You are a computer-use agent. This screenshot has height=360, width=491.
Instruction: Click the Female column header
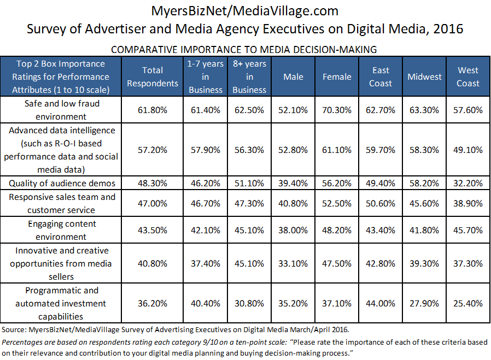[x=337, y=77]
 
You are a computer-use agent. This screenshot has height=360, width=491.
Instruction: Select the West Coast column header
[x=467, y=77]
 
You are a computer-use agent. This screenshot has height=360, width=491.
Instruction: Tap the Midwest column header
[x=424, y=77]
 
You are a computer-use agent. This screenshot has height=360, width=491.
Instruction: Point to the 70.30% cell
[x=337, y=110]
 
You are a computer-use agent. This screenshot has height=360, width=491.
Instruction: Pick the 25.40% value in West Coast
[x=467, y=303]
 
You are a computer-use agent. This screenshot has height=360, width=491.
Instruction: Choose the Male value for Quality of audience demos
[x=293, y=183]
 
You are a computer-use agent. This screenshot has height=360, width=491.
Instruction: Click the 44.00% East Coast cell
[x=381, y=303]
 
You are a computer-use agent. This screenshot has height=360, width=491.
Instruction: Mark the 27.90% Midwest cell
[x=424, y=303]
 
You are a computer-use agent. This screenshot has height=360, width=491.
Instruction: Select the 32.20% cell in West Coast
[x=467, y=183]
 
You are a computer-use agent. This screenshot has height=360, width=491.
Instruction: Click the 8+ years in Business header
[x=249, y=77]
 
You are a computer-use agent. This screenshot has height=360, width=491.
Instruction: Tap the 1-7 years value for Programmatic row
[x=206, y=303]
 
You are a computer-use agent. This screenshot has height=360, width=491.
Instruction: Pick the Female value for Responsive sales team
[x=337, y=203]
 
